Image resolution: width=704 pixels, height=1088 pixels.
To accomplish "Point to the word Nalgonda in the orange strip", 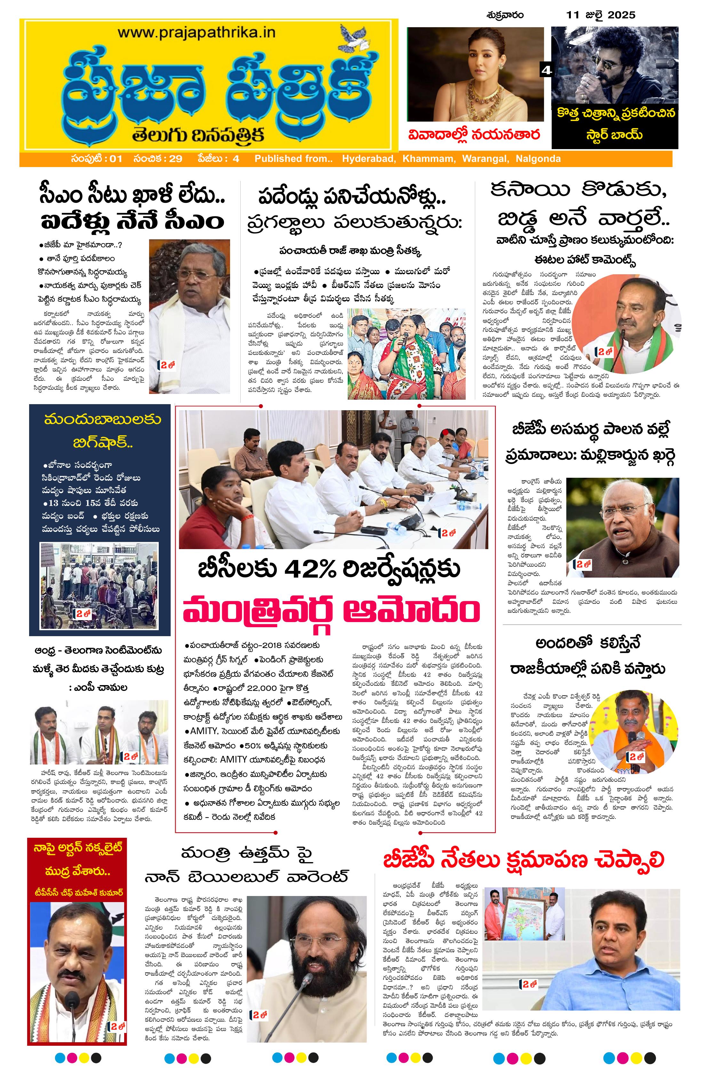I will (538, 159).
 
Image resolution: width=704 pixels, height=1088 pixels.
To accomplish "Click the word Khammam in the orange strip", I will (429, 159).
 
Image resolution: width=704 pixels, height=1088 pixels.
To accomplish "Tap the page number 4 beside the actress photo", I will (546, 70).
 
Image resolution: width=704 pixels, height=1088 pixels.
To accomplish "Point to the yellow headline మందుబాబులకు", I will (102, 419).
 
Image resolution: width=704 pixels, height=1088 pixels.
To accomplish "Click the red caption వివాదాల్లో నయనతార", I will (474, 135).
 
